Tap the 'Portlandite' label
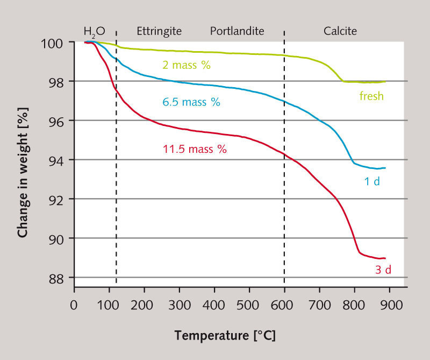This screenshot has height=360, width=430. (237, 31)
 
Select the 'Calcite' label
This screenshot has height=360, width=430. (340, 31)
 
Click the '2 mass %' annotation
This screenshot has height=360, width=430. (186, 66)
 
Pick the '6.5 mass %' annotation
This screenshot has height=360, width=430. (191, 102)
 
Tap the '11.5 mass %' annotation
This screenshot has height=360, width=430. (195, 149)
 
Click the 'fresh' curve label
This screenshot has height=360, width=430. (371, 97)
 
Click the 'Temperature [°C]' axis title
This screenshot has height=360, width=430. (225, 337)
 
